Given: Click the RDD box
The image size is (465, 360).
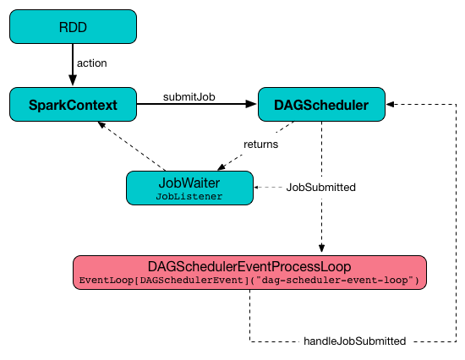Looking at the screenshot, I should (73, 26).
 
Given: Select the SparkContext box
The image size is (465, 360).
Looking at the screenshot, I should (73, 105).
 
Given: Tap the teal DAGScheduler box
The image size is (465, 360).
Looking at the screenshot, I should (321, 105).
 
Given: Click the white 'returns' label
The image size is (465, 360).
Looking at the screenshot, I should (260, 145).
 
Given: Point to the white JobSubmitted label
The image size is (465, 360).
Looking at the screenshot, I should (321, 188).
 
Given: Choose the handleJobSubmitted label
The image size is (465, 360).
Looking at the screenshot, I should (355, 341).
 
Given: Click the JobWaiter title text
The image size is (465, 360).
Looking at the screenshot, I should (189, 183).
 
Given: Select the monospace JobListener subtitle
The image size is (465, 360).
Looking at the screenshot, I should (189, 196).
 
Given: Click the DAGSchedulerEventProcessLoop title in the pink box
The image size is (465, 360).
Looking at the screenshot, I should (249, 266).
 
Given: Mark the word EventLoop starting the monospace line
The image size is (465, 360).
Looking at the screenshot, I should (101, 280).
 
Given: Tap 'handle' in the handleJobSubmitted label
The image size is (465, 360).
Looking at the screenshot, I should (320, 341).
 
